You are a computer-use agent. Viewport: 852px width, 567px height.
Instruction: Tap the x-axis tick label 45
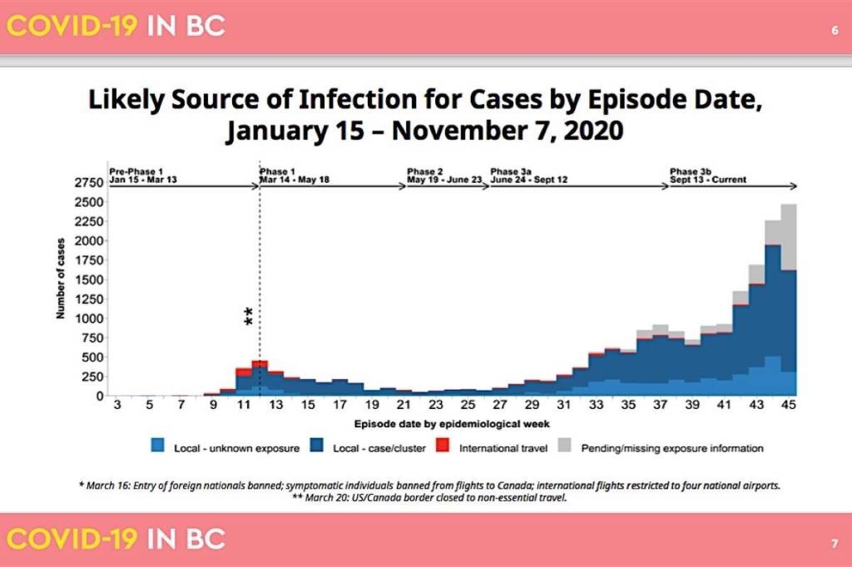click(789, 406)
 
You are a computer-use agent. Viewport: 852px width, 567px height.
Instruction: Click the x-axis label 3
click(117, 406)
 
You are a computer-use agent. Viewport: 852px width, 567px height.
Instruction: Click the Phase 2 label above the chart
click(425, 171)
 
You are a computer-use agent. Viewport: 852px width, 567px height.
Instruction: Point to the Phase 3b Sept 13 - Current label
click(707, 175)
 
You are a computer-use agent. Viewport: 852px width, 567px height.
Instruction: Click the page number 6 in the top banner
click(834, 31)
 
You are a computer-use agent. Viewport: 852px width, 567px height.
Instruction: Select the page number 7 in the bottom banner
click(834, 545)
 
